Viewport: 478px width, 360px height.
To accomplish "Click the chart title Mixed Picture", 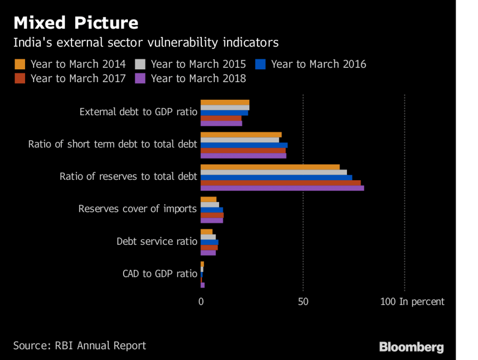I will pos(76,22).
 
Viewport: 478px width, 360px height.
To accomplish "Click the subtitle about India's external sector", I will pos(145,42).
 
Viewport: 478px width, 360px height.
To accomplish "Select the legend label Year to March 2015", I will pos(198,65).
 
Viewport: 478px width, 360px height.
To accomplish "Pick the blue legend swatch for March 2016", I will pos(261,65).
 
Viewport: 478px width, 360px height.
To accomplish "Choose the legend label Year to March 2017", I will pos(78,78).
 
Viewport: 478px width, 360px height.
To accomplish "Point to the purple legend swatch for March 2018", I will pos(140,78).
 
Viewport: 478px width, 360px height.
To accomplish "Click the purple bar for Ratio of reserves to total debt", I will pos(282,188).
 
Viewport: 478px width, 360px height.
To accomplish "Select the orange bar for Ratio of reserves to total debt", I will pos(270,167).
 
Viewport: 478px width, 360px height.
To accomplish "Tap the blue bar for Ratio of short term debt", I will pos(244,145).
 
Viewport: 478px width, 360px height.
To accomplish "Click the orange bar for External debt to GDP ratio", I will pos(225,102).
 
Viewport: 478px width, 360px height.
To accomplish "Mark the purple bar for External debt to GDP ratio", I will pos(221,123).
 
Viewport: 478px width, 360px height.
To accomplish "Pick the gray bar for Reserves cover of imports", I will pos(209,204).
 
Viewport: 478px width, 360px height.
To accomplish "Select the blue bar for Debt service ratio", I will pos(209,242).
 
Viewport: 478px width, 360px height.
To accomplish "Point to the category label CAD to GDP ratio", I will pos(159,274).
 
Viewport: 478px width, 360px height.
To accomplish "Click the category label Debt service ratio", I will pos(157,242).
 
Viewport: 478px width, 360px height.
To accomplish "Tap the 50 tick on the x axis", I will pos(303,302).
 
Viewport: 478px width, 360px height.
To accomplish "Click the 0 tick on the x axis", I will pos(201,302).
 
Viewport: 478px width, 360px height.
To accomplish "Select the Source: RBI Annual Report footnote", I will pos(79,346).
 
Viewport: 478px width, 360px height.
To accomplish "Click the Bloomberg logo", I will pos(411,347).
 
